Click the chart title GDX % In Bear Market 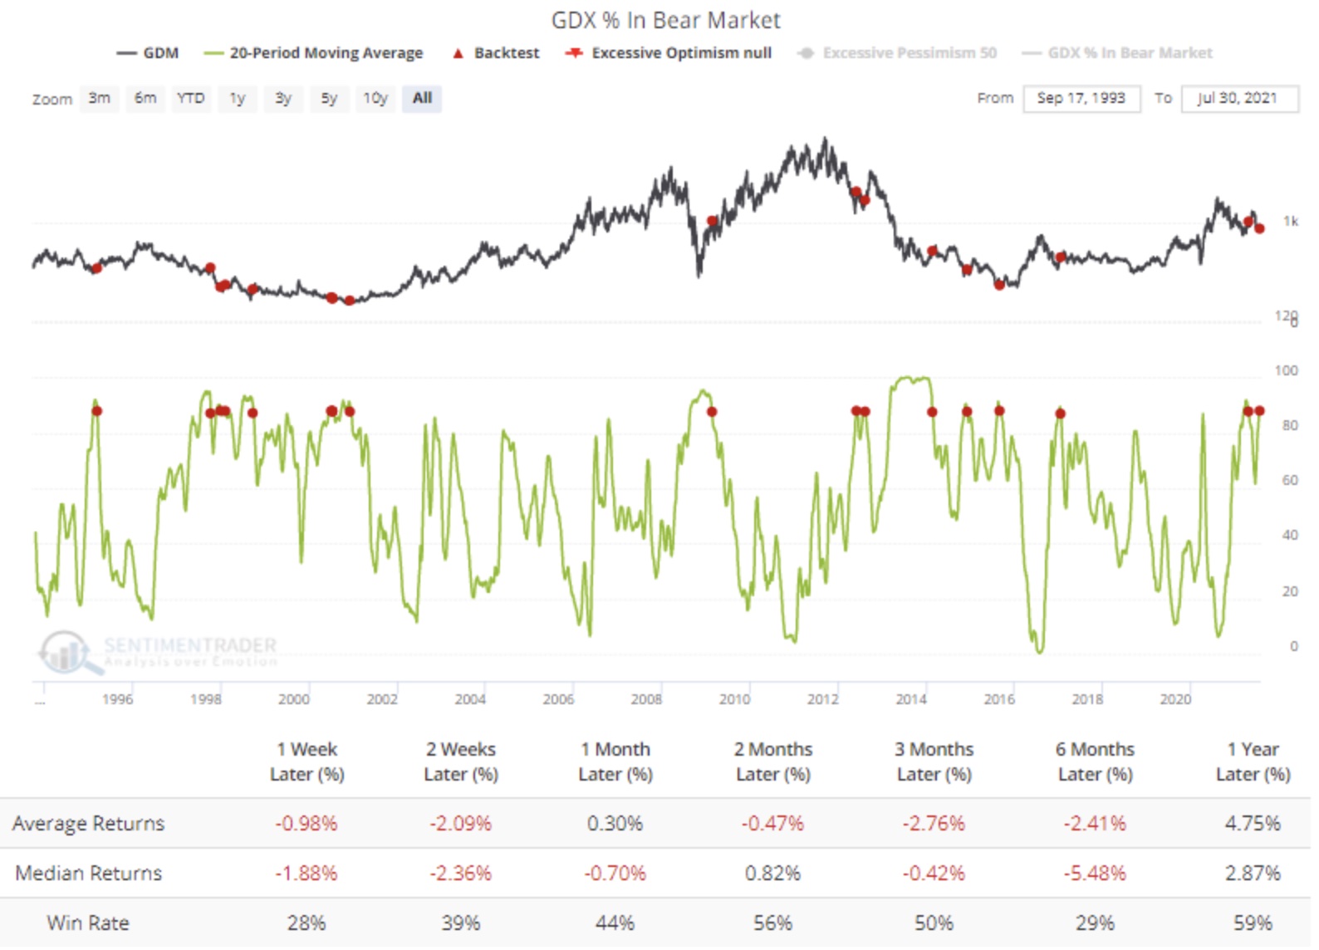pos(665,20)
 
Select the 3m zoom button pos(99,98)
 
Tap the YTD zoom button pos(190,98)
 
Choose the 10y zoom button pos(375,98)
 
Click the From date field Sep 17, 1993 pos(1081,98)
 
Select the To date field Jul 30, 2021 pos(1238,98)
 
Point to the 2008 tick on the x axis pos(646,699)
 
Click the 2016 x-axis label pos(999,699)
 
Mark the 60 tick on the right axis pos(1289,480)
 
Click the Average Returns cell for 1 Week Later pos(306,824)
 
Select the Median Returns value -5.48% pos(1095,874)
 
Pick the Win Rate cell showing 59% pos(1253,923)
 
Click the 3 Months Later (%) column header pos(934,761)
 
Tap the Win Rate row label pos(88,923)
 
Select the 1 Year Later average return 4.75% pos(1253,824)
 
